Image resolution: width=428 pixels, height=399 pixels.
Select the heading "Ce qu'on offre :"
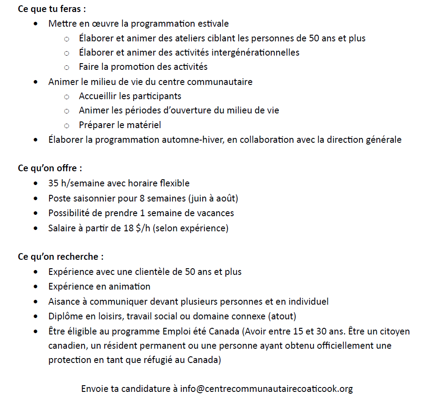(50, 169)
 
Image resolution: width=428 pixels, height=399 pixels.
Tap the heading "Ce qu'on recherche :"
(61, 257)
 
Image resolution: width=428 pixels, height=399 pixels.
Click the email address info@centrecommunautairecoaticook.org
(266, 389)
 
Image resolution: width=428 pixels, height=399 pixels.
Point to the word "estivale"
(213, 24)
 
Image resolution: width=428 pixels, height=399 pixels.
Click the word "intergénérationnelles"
(255, 52)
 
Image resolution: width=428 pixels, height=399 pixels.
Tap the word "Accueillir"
(99, 96)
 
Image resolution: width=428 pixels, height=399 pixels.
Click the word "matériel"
(143, 125)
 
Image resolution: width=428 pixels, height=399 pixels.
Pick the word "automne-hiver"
(195, 140)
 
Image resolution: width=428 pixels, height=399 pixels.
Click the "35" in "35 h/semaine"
(53, 183)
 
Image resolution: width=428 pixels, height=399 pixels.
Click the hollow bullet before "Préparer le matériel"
(66, 125)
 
